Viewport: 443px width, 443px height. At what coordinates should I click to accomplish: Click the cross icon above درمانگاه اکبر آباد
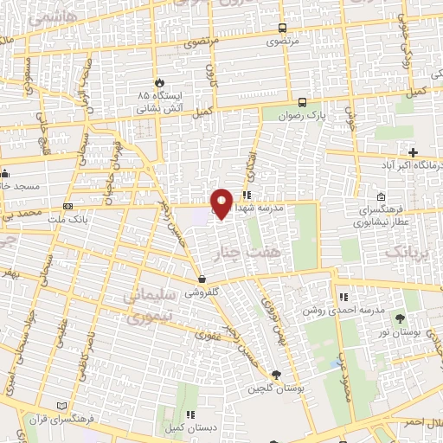(x=414, y=152)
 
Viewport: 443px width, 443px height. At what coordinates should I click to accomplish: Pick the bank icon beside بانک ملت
(x=67, y=207)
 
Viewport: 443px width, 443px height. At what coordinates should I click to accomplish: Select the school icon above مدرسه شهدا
(x=247, y=195)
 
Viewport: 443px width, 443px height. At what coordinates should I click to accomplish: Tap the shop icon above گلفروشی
(x=202, y=279)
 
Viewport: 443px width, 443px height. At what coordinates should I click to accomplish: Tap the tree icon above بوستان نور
(x=399, y=319)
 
